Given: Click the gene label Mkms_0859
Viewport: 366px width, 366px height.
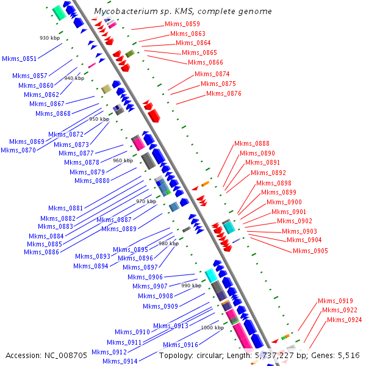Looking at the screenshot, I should (182, 24).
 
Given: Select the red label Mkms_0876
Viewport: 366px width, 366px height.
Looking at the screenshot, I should (223, 93).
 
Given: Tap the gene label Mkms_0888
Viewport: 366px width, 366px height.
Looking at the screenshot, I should (251, 143).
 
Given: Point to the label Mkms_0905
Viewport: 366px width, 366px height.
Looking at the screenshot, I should (310, 251).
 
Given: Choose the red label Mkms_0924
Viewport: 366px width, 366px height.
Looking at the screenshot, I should (344, 320).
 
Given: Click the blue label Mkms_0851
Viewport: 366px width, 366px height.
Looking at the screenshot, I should (20, 59).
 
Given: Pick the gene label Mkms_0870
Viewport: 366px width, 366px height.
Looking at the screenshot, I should (18, 150).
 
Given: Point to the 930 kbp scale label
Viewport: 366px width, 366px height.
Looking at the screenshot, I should (49, 38).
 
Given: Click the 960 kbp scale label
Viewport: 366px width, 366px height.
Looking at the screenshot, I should (123, 160).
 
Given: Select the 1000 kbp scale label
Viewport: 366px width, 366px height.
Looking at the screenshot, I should (212, 328).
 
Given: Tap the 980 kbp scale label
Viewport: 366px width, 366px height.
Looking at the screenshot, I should (169, 243).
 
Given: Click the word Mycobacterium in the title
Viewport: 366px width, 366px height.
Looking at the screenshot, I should (121, 12).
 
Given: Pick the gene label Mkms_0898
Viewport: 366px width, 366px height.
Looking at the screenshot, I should (273, 183).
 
